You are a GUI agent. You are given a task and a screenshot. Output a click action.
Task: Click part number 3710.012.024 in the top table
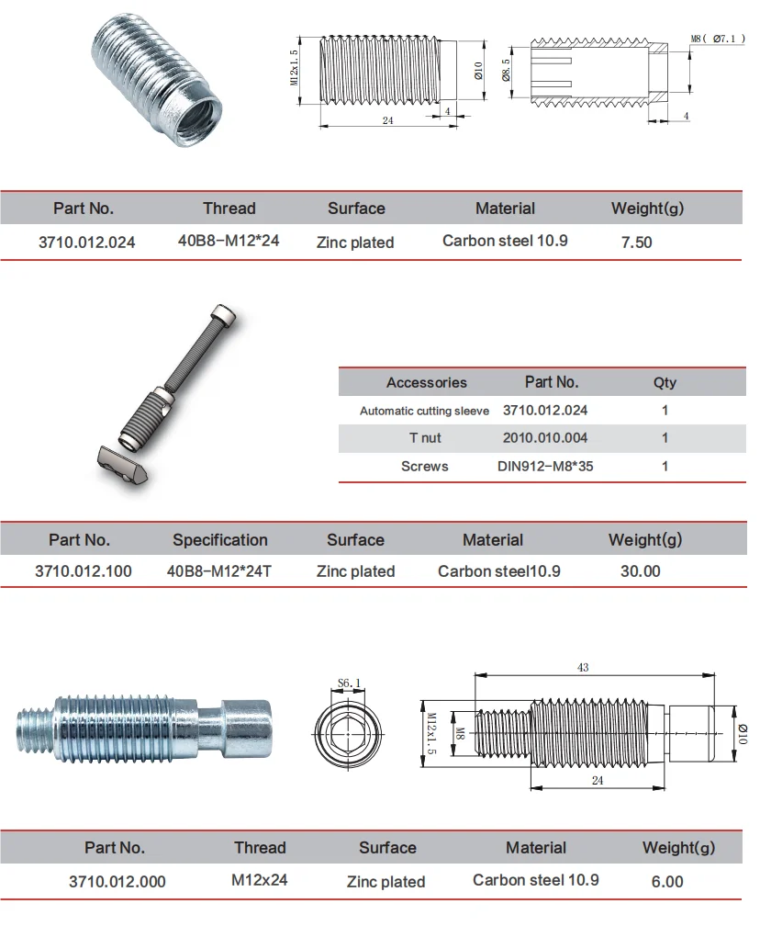pyautogui.click(x=86, y=243)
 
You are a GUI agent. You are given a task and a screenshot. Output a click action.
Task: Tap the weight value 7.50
pyautogui.click(x=637, y=243)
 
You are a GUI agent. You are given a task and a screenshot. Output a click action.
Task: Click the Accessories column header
pyautogui.click(x=426, y=382)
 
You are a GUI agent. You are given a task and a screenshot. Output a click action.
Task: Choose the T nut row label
pyautogui.click(x=424, y=438)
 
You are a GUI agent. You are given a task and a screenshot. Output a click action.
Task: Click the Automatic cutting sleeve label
pyautogui.click(x=424, y=411)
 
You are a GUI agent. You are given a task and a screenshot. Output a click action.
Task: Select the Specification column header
pyautogui.click(x=220, y=540)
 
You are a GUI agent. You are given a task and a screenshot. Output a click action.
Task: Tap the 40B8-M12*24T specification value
pyautogui.click(x=219, y=571)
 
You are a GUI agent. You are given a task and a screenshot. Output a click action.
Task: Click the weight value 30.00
pyautogui.click(x=640, y=571)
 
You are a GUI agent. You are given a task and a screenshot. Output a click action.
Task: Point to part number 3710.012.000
pyautogui.click(x=117, y=881)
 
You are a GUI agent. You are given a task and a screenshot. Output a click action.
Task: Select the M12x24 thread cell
pyautogui.click(x=260, y=880)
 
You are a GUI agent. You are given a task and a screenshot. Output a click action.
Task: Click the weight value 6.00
pyautogui.click(x=667, y=881)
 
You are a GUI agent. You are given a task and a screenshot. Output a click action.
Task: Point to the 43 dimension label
pyautogui.click(x=583, y=668)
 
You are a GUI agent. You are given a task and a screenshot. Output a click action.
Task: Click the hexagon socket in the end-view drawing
pyautogui.click(x=350, y=733)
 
